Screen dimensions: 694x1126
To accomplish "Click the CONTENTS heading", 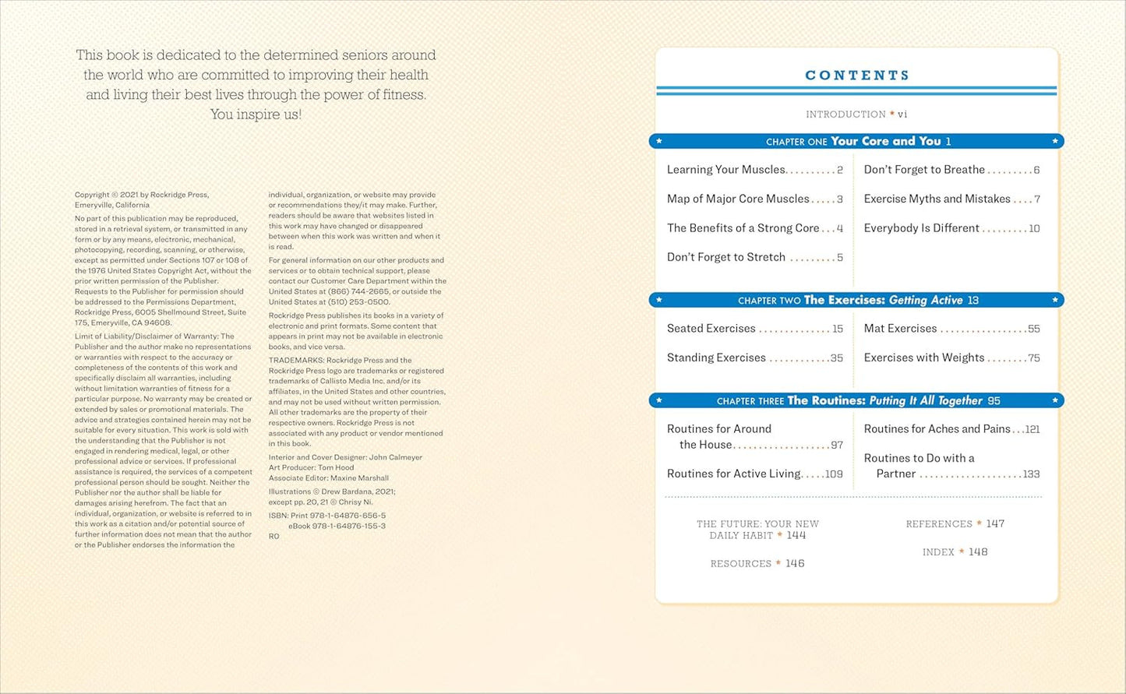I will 857,76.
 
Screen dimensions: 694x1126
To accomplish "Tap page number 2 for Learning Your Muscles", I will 840,170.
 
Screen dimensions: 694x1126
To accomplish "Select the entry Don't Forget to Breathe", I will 924,170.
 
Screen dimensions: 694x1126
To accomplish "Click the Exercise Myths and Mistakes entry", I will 937,199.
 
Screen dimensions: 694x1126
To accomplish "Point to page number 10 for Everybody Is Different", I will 1034,228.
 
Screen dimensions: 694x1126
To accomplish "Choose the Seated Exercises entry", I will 711,329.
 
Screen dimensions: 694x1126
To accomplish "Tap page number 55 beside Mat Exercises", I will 1033,329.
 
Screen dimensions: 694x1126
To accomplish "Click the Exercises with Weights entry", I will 924,358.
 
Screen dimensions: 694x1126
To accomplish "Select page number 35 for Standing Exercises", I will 836,358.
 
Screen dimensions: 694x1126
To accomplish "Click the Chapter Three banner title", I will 857,400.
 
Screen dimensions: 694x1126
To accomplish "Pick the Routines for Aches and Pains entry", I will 937,429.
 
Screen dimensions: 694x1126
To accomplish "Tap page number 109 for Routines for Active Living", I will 834,474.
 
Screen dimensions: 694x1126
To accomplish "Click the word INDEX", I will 938,552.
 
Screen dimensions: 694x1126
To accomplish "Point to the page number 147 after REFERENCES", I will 995,524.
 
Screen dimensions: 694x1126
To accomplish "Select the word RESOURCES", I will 740,564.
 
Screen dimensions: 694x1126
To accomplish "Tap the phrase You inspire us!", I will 256,114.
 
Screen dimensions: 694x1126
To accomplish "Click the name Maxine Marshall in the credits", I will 362,478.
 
